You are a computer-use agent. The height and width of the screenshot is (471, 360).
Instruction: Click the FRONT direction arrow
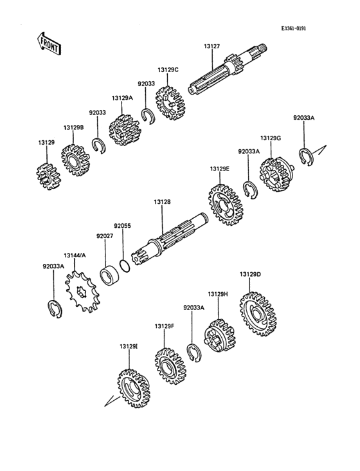[48, 44]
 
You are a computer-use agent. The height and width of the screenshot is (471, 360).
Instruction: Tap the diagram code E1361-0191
[294, 28]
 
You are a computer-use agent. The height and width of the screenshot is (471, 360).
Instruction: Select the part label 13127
[212, 46]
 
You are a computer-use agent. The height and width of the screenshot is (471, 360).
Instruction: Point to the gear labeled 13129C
[170, 103]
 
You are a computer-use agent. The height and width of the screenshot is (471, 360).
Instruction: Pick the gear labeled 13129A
[125, 131]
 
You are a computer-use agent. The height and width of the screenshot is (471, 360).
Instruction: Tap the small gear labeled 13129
[49, 176]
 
